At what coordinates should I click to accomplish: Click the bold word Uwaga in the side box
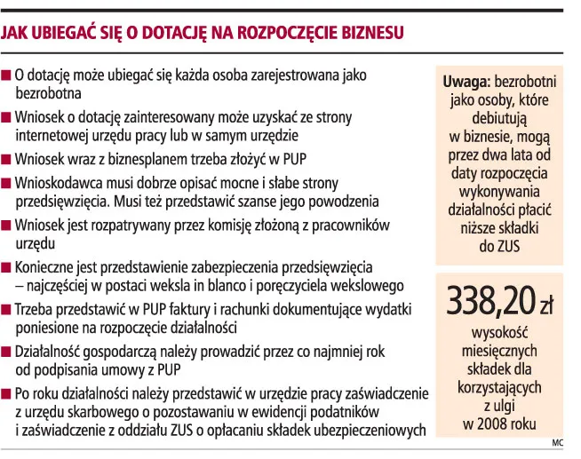click(x=464, y=82)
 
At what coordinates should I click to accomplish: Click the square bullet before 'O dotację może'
click(x=7, y=76)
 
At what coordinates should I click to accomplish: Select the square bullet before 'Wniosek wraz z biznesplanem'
click(x=7, y=161)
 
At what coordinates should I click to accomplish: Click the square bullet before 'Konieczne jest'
click(x=7, y=266)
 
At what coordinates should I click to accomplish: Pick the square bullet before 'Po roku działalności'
click(x=7, y=393)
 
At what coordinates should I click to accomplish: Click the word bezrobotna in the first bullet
click(x=49, y=93)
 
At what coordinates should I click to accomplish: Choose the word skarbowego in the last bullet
click(x=102, y=413)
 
